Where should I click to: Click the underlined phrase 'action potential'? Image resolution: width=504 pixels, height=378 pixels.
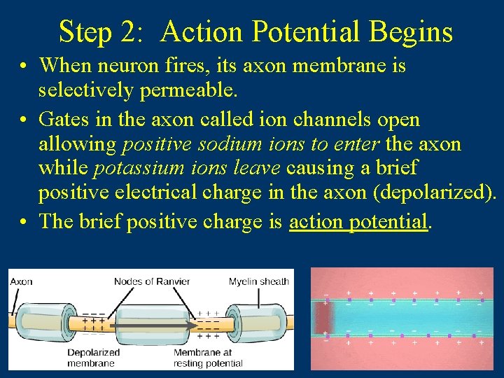[358, 221]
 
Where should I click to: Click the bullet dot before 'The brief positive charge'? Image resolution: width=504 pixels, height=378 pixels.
[24, 222]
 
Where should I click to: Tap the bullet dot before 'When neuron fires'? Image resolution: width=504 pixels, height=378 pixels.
[24, 66]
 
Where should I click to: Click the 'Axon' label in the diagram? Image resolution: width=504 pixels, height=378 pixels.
[21, 282]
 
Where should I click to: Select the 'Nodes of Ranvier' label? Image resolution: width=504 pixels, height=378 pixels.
[152, 282]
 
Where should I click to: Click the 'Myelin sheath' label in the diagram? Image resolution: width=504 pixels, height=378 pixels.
[258, 282]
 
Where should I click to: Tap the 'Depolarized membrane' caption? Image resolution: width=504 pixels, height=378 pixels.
[93, 358]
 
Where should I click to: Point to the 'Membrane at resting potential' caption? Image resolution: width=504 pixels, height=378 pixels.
[208, 358]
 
